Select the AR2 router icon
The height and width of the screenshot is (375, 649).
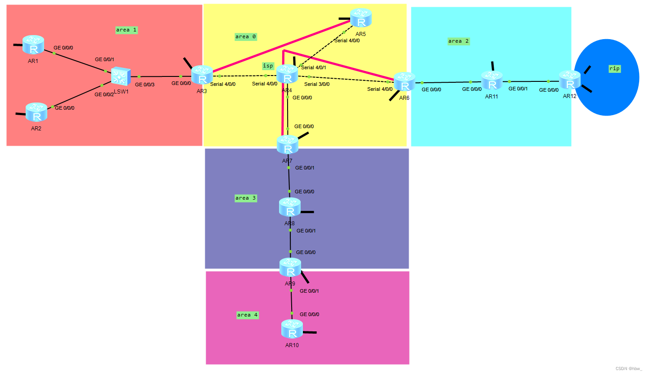(x=36, y=112)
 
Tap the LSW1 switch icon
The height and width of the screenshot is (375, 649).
(x=121, y=77)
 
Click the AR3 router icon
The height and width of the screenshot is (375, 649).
(x=202, y=75)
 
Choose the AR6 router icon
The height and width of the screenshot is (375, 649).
(x=405, y=82)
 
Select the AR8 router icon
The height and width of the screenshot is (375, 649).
(x=290, y=207)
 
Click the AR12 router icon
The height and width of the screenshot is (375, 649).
(x=570, y=80)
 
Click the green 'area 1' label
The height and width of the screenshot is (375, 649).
(x=126, y=30)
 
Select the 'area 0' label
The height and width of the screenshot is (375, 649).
(x=245, y=36)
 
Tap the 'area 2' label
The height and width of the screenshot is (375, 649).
(x=458, y=41)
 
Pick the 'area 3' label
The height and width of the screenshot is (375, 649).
(x=245, y=198)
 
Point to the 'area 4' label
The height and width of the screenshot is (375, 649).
(x=247, y=315)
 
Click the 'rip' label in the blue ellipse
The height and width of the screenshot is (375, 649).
(x=614, y=69)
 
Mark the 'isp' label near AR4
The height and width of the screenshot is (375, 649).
(x=268, y=66)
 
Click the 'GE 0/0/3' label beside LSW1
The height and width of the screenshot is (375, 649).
(x=145, y=85)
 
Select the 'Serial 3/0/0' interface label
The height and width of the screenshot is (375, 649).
(x=317, y=84)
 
